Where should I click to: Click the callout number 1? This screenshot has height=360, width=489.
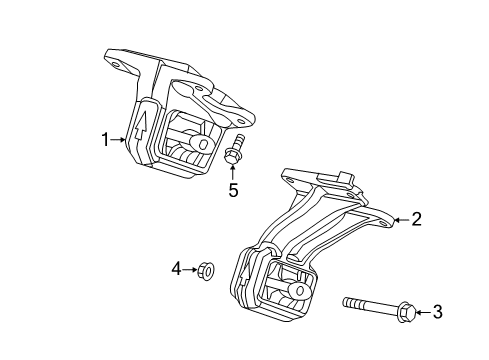[x=103, y=141]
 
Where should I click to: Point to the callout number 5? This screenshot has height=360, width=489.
[x=233, y=189]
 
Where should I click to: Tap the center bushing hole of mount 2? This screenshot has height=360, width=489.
[x=297, y=290]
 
